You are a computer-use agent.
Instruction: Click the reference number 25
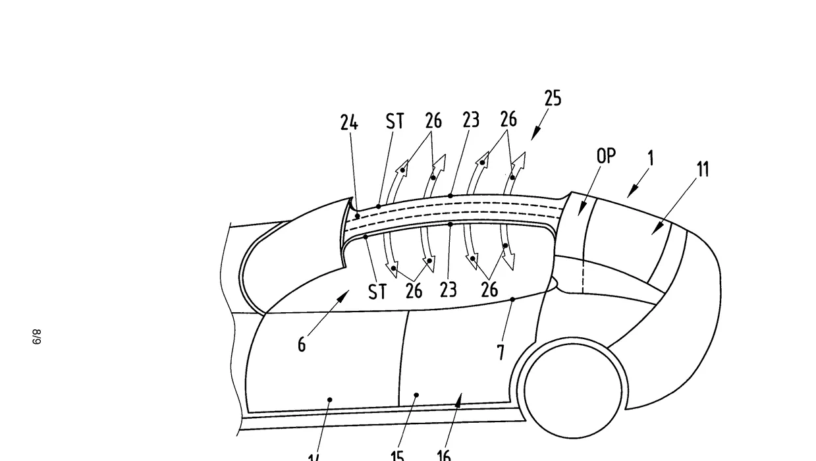click(x=553, y=98)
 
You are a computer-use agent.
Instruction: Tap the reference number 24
click(x=349, y=122)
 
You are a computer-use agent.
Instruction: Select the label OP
click(x=606, y=156)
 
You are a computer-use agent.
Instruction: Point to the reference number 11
click(x=703, y=169)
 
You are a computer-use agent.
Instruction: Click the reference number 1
click(x=651, y=158)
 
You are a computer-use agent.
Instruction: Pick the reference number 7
click(x=501, y=352)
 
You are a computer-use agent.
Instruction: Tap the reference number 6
click(x=302, y=344)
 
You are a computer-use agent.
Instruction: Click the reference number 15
click(x=397, y=455)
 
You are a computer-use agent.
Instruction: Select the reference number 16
click(x=444, y=455)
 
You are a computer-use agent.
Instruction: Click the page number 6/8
click(x=38, y=337)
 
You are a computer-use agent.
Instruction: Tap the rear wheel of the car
click(x=572, y=389)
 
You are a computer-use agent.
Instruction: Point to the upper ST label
click(x=394, y=122)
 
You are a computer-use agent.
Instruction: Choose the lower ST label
click(x=377, y=292)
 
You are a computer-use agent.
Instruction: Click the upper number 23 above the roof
click(x=471, y=120)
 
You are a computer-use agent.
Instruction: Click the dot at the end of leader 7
click(x=513, y=299)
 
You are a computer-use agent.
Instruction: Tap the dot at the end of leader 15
click(x=416, y=395)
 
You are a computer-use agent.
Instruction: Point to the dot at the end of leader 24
click(x=357, y=215)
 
